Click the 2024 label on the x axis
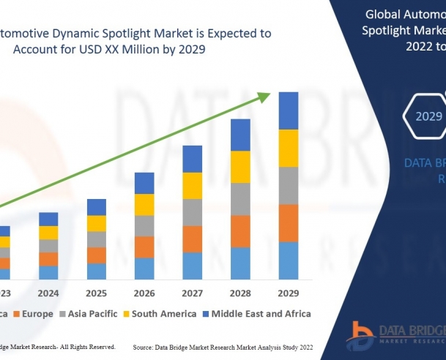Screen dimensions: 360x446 point(48,293)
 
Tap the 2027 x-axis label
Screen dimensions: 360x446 point(192,293)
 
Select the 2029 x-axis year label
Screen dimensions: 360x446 point(289,293)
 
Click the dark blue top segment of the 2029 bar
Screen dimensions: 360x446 point(289,110)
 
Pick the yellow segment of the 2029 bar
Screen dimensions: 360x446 point(289,148)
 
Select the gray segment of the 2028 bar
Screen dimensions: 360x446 point(240,199)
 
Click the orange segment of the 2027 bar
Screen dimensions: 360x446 point(192,239)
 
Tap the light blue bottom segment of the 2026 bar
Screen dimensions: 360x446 point(144,269)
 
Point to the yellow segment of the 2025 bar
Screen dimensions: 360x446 point(96,223)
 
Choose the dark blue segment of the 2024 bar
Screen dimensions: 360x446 point(48,219)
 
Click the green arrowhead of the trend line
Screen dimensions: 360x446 point(270,96)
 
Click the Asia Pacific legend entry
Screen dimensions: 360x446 point(89,314)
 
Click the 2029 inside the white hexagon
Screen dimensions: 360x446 point(428,116)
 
